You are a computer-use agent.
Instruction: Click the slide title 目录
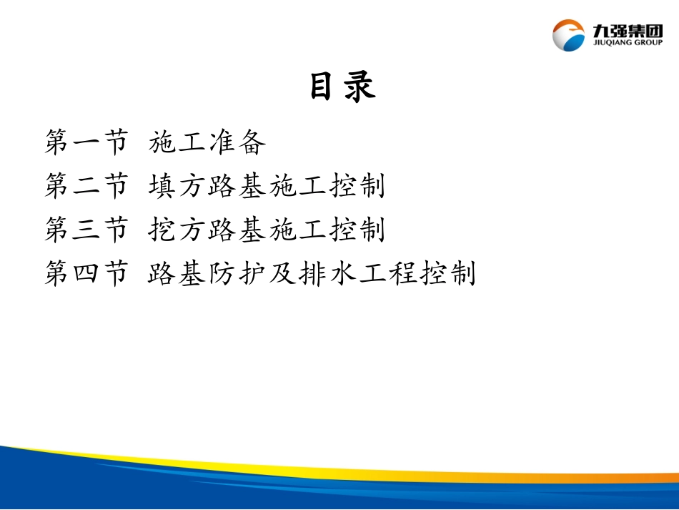342,87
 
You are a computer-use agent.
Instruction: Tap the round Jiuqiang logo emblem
569,35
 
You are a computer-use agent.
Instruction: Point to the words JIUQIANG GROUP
627,42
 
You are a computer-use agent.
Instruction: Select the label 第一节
86,143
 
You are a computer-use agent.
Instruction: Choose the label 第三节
86,230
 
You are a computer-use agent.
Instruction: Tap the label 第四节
86,273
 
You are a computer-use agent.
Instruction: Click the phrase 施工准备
208,143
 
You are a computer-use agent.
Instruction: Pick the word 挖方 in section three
178,230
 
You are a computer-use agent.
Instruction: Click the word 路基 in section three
237,230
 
